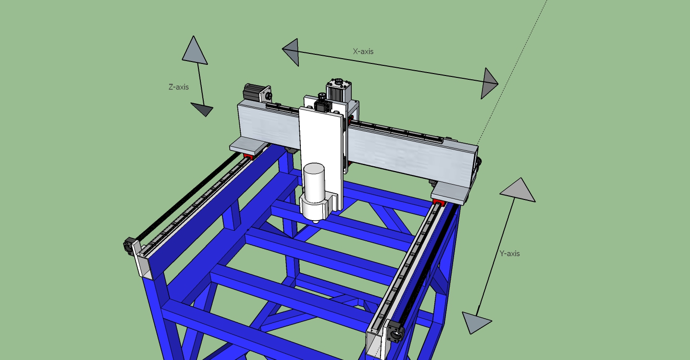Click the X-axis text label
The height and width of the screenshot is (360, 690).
[363, 51]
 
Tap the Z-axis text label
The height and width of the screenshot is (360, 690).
[179, 87]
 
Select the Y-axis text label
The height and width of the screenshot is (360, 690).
[509, 254]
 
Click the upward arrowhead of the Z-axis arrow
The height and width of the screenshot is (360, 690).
[195, 50]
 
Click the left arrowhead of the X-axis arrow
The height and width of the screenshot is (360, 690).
[291, 52]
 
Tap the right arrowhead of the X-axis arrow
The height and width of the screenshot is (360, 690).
[489, 83]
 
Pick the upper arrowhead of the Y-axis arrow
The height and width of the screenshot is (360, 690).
[518, 190]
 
